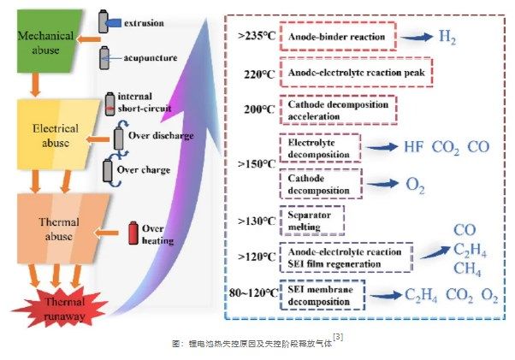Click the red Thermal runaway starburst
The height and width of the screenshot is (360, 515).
coord(61,308)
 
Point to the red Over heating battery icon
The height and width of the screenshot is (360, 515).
coord(133,233)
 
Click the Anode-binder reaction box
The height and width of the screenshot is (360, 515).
coord(338,37)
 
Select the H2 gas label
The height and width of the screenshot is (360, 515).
coord(447,37)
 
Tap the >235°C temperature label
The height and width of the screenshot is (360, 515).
coord(257,36)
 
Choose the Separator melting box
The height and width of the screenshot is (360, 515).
coord(312,221)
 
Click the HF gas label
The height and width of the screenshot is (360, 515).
coord(413,147)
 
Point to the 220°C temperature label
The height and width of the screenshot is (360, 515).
coord(259,74)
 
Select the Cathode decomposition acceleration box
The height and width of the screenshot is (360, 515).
coord(338,110)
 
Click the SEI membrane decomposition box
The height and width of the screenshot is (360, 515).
coord(323,295)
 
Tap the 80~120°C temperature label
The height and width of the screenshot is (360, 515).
coord(253,292)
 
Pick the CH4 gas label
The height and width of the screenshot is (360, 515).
coord(467,269)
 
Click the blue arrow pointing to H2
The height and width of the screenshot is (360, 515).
coord(417,37)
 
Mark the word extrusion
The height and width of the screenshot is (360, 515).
coord(144,23)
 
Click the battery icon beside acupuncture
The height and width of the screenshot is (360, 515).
coord(104,58)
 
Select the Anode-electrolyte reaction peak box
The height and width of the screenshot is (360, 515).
coord(356,73)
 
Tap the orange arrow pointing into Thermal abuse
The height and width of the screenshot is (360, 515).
coord(106,233)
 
